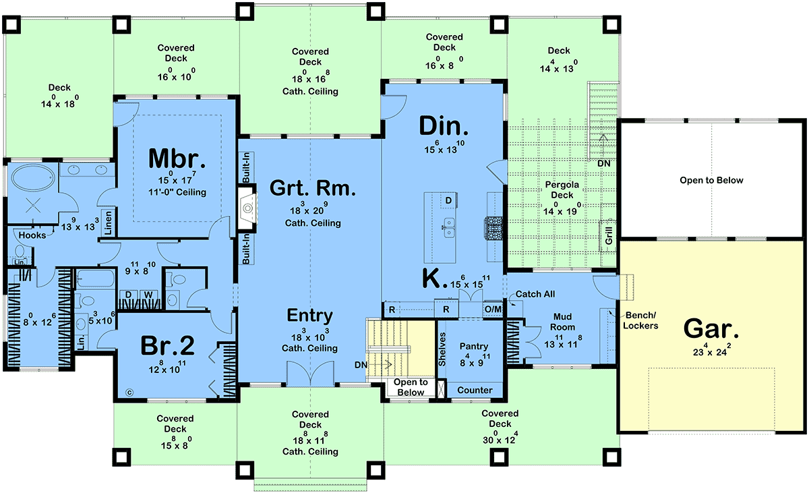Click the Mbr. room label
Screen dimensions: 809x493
point(177,158)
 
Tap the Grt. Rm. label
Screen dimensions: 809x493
point(313,188)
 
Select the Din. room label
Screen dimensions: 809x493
point(444,126)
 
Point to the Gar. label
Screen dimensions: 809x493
point(711,328)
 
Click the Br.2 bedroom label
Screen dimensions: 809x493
point(167,345)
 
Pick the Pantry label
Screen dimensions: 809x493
point(473,347)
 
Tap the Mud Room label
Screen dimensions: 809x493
point(562,322)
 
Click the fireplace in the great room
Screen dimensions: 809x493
point(247,208)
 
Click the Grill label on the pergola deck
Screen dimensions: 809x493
point(609,235)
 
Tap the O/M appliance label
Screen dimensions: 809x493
point(493,309)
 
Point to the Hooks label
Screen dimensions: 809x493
point(32,235)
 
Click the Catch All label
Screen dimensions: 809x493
point(535,294)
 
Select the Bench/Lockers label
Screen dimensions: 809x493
point(640,320)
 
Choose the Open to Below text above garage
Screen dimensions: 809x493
point(711,180)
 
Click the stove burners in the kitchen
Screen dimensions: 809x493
point(493,228)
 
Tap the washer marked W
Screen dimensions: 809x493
point(148,295)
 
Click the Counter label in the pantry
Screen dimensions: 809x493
point(475,390)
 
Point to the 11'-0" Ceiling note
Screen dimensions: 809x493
point(177,192)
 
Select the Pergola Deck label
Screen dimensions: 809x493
point(562,190)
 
